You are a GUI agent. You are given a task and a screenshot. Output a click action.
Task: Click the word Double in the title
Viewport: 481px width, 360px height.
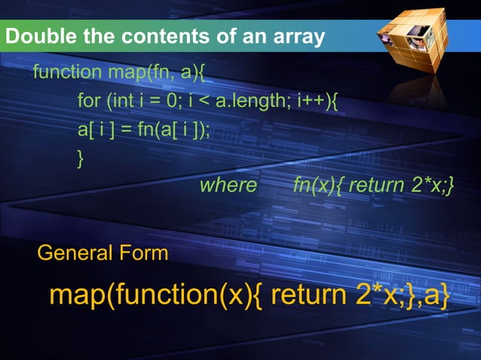(x=35, y=35)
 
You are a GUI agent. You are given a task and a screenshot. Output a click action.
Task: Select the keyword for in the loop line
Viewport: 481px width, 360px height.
(x=88, y=100)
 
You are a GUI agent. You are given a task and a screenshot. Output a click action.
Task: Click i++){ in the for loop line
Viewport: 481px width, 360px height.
(x=316, y=100)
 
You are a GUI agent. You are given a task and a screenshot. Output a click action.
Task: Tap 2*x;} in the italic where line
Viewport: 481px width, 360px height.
(x=431, y=185)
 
